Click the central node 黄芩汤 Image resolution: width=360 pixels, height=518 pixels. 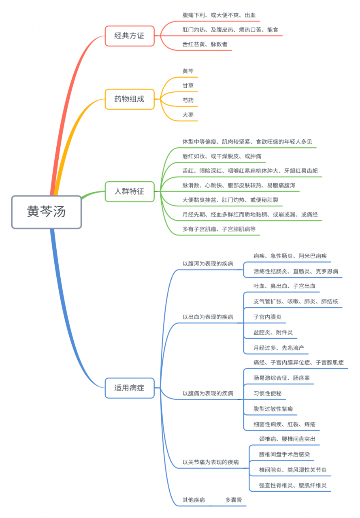point(46,212)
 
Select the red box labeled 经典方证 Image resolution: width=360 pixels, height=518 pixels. point(130,36)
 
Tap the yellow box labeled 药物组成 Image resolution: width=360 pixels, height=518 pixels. point(130,99)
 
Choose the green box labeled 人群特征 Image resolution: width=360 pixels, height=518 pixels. point(130,191)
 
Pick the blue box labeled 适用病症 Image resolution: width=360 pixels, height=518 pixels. point(130,388)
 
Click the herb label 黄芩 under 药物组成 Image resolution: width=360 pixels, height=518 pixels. point(188,71)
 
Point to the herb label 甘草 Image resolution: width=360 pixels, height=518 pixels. point(188,86)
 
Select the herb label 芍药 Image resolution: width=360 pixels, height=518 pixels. point(188,100)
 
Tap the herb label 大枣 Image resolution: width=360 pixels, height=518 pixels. point(188,115)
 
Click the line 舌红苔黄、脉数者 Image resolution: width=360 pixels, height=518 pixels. point(205,44)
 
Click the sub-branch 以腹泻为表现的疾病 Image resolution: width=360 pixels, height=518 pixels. point(208,263)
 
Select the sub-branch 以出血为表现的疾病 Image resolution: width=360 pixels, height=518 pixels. point(208,317)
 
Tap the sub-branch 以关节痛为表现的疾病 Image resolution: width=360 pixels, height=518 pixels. point(211,462)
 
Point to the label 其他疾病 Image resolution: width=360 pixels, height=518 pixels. point(194,500)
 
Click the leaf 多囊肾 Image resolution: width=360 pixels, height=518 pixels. point(234,500)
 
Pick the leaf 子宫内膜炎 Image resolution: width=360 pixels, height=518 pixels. point(267,317)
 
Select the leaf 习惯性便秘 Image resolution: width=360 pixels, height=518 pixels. point(267,393)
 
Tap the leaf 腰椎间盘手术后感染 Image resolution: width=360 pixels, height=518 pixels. point(285,454)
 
